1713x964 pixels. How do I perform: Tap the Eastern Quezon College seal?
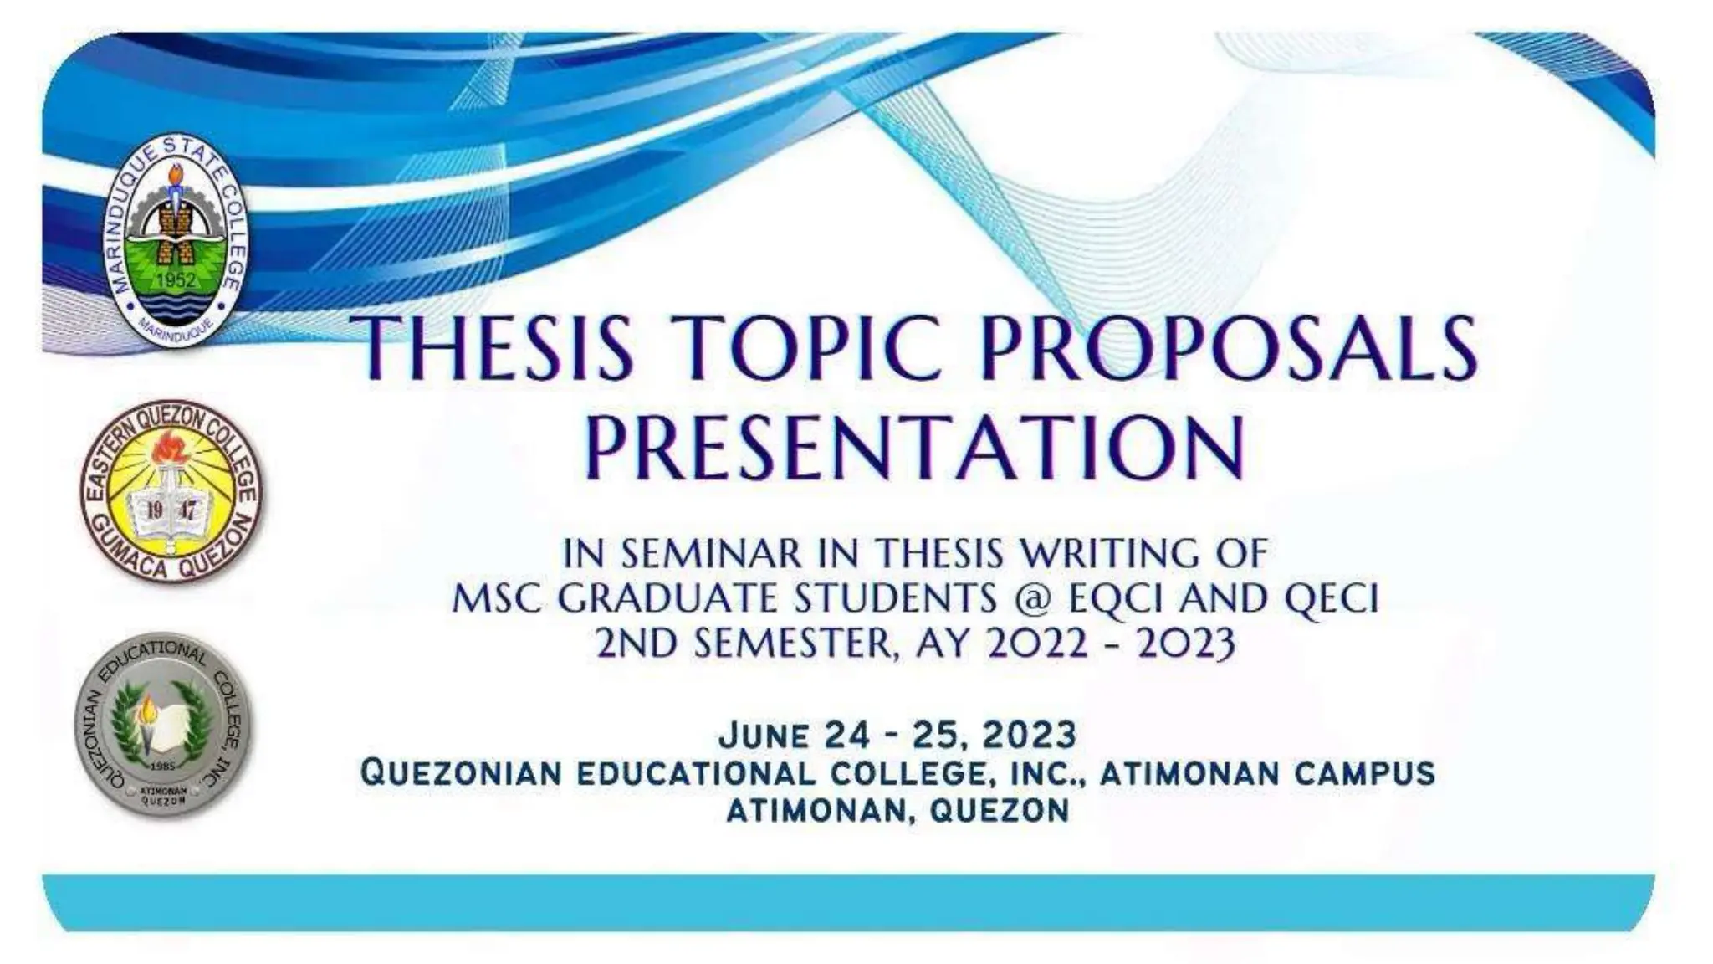171,490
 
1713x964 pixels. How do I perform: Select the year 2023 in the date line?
1029,736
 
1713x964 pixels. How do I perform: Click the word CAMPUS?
1364,773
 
